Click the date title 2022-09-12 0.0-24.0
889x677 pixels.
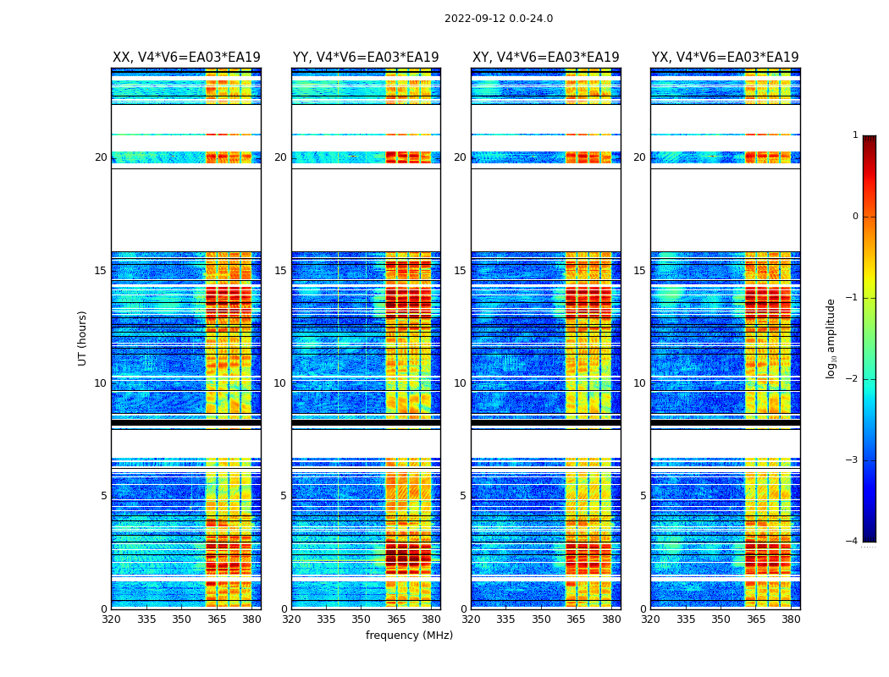tap(498, 19)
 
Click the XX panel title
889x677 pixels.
tap(186, 58)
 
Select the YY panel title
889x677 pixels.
tap(366, 58)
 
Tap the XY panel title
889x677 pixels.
tap(545, 58)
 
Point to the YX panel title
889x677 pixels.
tap(725, 58)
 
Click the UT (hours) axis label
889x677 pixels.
tap(82, 338)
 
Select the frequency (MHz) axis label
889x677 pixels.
tap(409, 636)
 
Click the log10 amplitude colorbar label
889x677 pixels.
tap(831, 338)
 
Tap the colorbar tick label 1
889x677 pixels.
tap(855, 135)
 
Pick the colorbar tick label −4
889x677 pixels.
tap(853, 542)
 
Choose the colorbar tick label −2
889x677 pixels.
tap(853, 379)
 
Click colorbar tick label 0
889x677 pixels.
tap(855, 217)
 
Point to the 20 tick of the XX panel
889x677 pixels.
tap(101, 157)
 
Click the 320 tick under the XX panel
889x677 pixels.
tap(111, 619)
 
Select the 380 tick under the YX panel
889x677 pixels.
tap(791, 619)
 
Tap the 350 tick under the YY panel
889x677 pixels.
tap(362, 619)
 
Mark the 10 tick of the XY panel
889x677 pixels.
tap(460, 383)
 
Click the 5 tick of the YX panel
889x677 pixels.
tap(643, 496)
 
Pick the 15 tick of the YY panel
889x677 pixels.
tap(280, 271)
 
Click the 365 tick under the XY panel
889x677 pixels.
tap(576, 619)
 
